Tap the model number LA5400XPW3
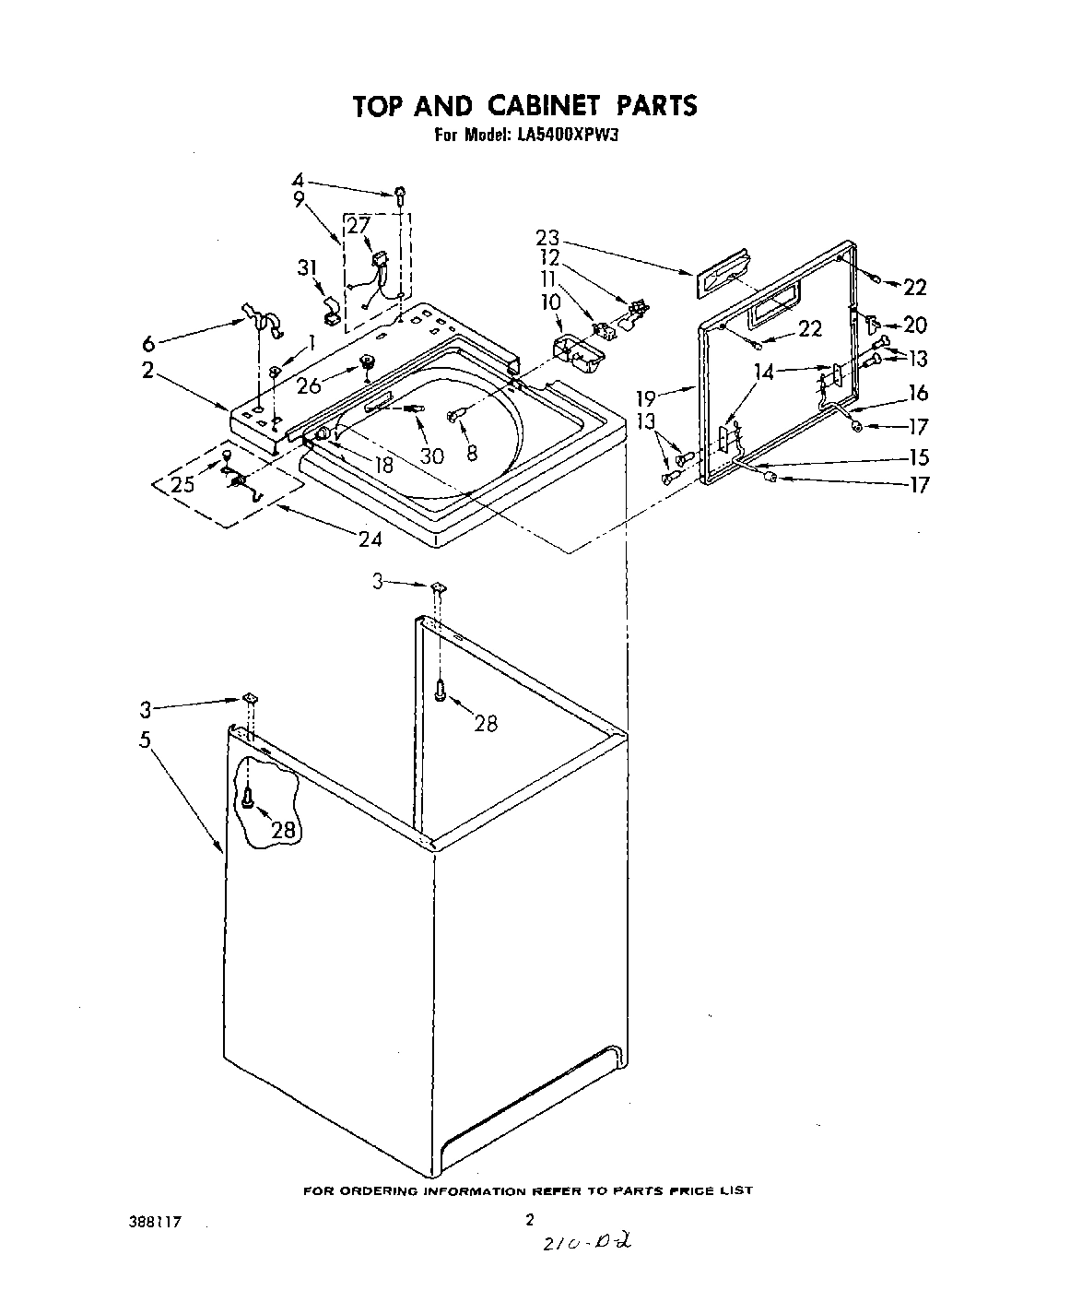pyautogui.click(x=571, y=135)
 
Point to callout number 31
pyautogui.click(x=307, y=267)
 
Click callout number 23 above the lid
pyautogui.click(x=547, y=238)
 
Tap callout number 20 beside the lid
pyautogui.click(x=914, y=325)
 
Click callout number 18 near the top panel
pyautogui.click(x=383, y=466)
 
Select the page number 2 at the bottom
pyautogui.click(x=529, y=1220)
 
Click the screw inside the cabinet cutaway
pyautogui.click(x=248, y=799)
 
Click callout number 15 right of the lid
pyautogui.click(x=918, y=457)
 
